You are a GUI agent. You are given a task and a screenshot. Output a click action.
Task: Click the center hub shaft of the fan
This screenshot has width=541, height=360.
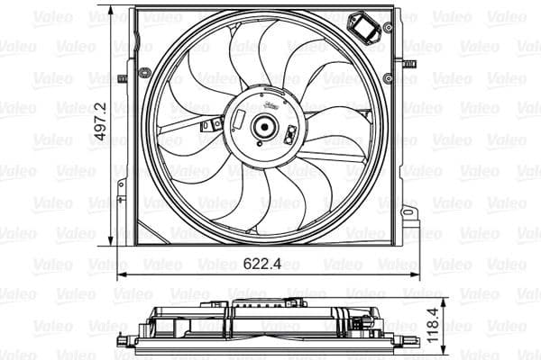[264, 127]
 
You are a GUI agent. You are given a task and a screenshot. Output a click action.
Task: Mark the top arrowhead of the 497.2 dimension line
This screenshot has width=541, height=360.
[112, 11]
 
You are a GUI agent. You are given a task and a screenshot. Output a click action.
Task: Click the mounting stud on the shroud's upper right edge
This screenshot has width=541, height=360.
[408, 64]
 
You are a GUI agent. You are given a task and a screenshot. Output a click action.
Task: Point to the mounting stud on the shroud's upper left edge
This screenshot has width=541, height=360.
[122, 78]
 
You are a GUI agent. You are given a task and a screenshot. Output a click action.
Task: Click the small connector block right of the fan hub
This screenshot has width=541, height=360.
[290, 135]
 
